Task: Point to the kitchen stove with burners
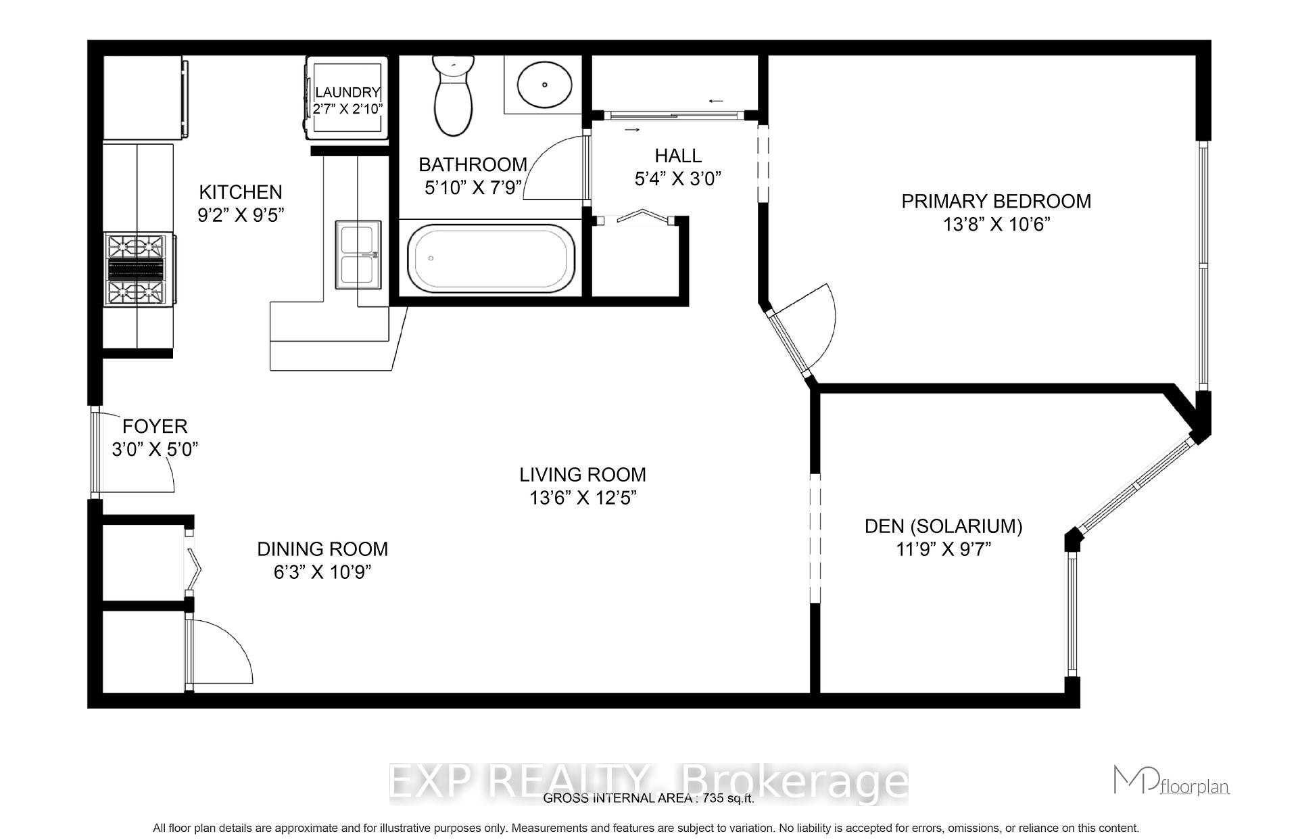137,270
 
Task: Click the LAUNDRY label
347,93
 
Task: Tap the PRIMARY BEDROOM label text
996,202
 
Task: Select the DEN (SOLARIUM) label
943,526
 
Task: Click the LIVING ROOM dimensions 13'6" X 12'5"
583,498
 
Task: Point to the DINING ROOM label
322,549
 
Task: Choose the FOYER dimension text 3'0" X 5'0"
155,450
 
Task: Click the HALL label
678,156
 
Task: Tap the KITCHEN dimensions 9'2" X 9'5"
241,216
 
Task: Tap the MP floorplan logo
1170,781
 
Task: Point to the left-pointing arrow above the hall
716,101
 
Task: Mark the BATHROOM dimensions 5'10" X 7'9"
473,188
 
